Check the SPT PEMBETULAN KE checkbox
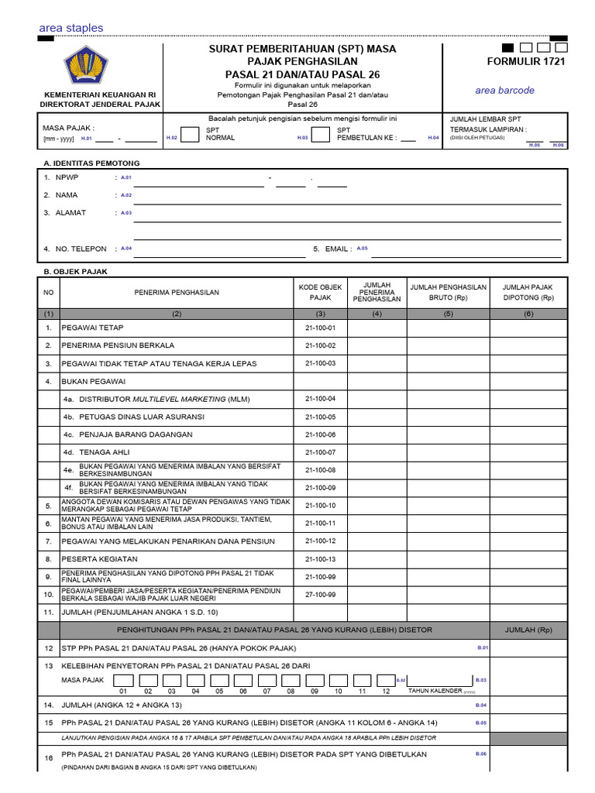320,134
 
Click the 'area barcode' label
504,90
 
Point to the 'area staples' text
71,28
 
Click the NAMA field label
67,195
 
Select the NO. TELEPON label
81,249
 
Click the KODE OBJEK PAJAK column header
320,292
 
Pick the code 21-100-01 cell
320,328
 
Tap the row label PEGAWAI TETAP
92,328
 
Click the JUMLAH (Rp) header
527,630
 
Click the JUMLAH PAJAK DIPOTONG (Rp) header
528,292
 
